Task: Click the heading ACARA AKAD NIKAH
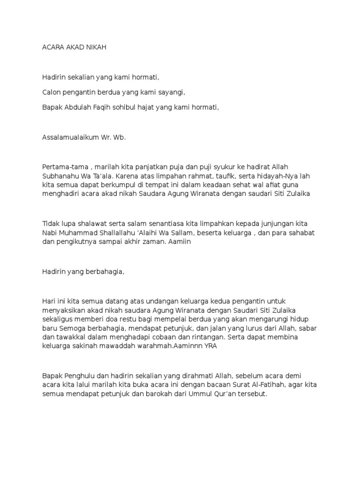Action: [x=75, y=48]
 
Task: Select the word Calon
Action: [x=51, y=92]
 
